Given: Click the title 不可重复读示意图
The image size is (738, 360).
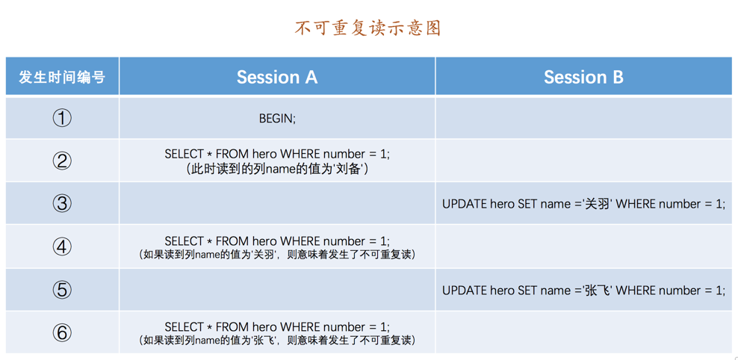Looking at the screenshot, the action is [368, 28].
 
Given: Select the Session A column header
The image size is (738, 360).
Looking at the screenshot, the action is [276, 77].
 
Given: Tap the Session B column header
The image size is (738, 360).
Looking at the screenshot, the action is [583, 77].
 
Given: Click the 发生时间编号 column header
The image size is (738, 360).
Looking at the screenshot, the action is [62, 77].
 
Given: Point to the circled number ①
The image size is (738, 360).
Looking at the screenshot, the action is [62, 118].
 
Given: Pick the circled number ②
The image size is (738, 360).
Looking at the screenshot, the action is [62, 161].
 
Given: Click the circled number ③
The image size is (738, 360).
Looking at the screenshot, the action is [62, 204].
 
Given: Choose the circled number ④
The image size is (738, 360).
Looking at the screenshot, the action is [62, 247].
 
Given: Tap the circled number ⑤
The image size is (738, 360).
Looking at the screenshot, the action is [62, 290].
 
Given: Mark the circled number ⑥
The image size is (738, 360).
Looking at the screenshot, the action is [62, 332].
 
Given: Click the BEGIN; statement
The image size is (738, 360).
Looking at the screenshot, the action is [277, 119].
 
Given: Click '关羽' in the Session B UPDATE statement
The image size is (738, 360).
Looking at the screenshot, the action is [597, 204].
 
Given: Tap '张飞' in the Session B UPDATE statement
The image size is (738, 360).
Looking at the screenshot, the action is [597, 291].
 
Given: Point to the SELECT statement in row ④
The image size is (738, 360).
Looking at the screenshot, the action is [277, 241].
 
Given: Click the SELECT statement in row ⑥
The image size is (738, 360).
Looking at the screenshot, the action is [277, 327].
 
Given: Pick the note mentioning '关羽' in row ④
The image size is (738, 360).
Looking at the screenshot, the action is [277, 255].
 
